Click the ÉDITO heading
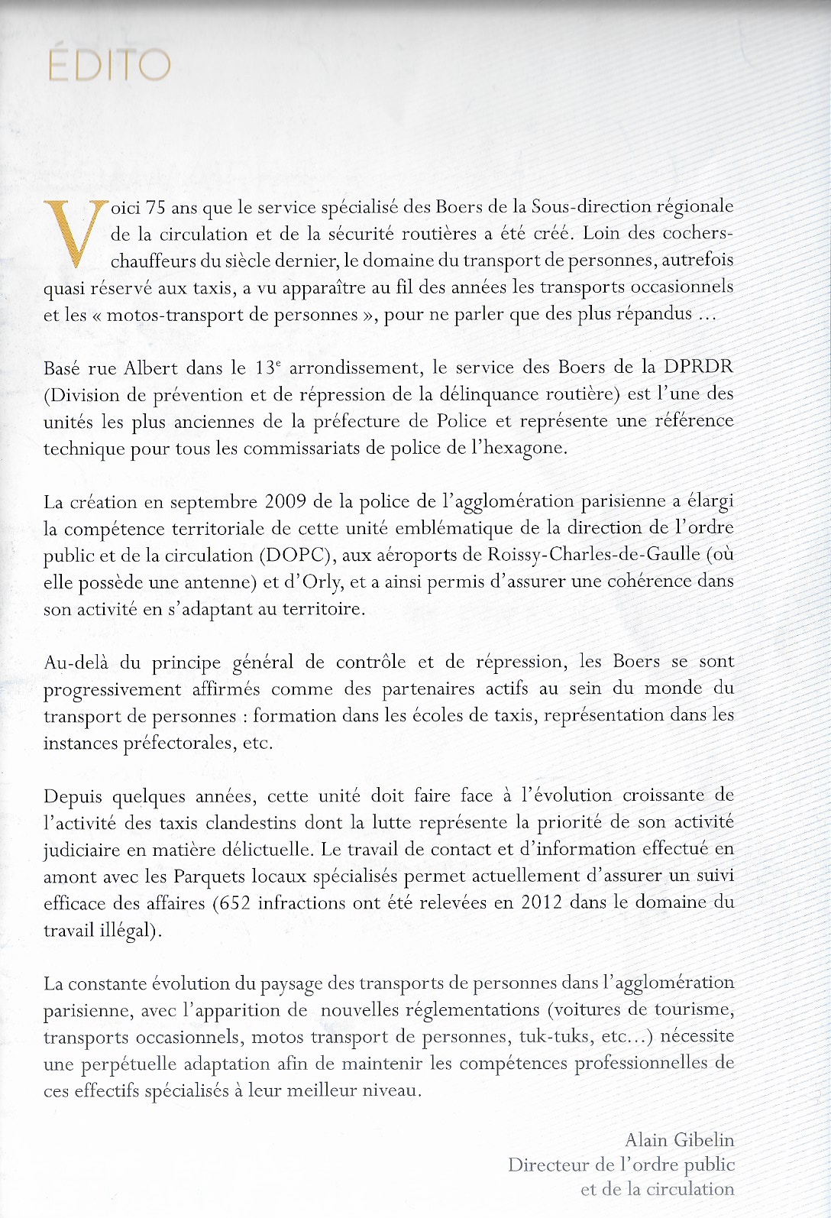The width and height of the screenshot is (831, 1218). [108, 65]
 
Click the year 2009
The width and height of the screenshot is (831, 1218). [285, 502]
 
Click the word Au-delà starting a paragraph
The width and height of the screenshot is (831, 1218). [76, 662]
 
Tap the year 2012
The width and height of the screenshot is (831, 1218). [542, 902]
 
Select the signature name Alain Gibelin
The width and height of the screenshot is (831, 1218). [679, 1140]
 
